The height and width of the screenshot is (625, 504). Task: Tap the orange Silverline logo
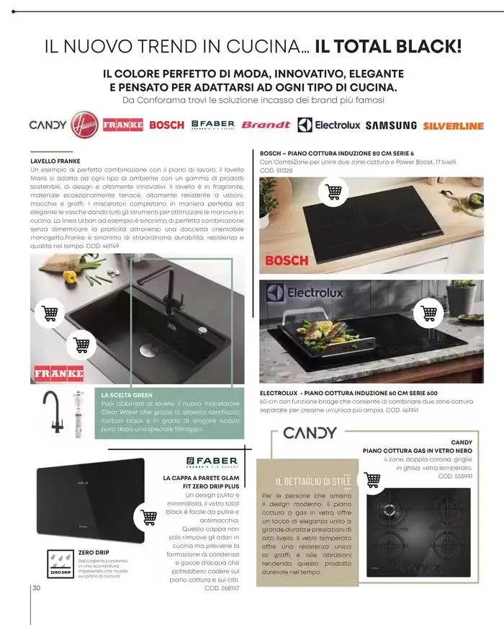click(453, 125)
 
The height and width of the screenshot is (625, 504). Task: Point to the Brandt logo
click(266, 125)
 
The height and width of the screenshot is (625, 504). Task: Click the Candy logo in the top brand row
click(48, 125)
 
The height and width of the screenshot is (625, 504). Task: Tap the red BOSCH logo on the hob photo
click(287, 260)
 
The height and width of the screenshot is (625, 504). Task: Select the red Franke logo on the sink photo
click(59, 373)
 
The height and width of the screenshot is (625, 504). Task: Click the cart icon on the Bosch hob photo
click(333, 192)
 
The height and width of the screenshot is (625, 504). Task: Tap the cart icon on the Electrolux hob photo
click(429, 312)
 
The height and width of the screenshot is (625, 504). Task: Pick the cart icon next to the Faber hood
click(149, 517)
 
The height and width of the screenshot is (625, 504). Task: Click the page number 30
click(37, 588)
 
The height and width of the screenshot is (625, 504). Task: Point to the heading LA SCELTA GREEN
click(127, 395)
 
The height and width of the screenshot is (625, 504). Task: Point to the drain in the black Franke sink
click(149, 350)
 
